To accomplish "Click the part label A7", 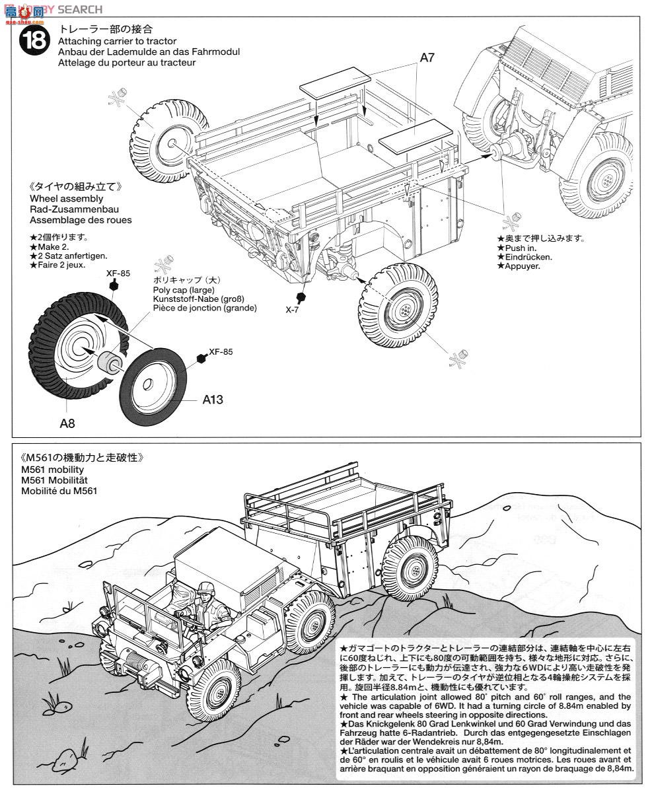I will coord(427,58).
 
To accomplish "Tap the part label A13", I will coord(213,400).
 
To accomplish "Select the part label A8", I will coord(67,423).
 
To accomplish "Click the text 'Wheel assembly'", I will coord(66,198).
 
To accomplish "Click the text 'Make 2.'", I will coord(52,246).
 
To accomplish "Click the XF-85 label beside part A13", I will coord(220,352).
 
